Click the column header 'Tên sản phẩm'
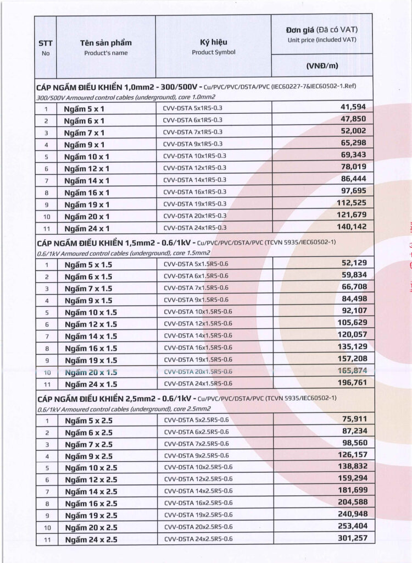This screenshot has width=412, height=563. [x=106, y=43]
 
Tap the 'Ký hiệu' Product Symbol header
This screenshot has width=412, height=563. [x=214, y=42]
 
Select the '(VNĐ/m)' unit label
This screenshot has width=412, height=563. [x=322, y=66]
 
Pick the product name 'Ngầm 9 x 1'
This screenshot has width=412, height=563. [x=84, y=145]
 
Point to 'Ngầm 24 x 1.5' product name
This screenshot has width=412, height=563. [x=91, y=384]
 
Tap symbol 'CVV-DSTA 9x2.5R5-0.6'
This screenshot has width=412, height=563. [x=196, y=456]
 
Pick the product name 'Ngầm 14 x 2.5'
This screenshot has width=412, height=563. [x=91, y=492]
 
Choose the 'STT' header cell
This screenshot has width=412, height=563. [x=45, y=43]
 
